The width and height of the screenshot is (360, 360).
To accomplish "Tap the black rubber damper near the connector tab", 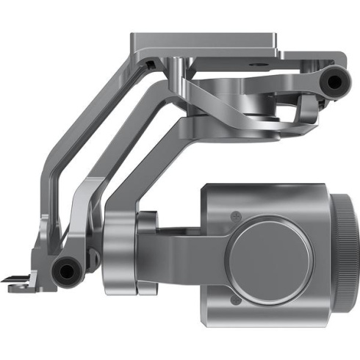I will pos(68,271).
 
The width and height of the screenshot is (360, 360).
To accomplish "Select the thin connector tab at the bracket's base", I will pos(18,278).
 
